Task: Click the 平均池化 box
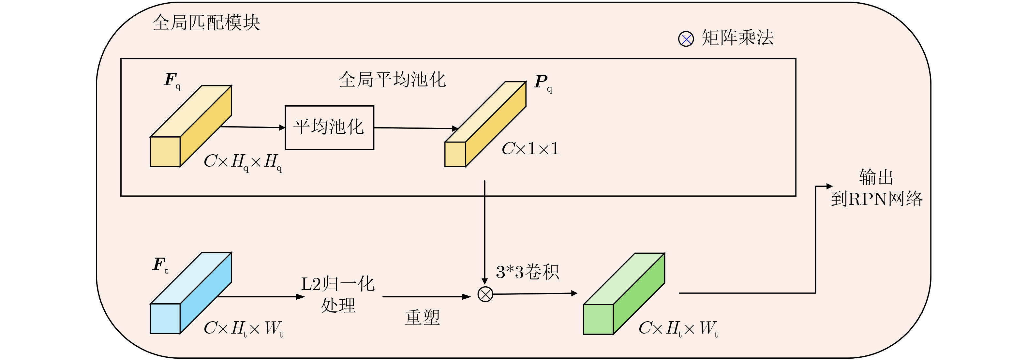[329, 127]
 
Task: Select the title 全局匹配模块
[206, 23]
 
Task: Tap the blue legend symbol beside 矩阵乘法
[686, 39]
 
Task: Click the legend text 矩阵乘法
[737, 38]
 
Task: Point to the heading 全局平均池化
[392, 79]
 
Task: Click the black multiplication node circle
[485, 294]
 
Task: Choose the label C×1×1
[530, 149]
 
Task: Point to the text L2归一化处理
[338, 294]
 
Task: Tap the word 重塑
[422, 318]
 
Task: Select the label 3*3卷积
[527, 272]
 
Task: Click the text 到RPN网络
[876, 199]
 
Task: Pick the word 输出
[876, 177]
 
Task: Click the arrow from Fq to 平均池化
[253, 127]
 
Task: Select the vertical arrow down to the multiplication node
[484, 231]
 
